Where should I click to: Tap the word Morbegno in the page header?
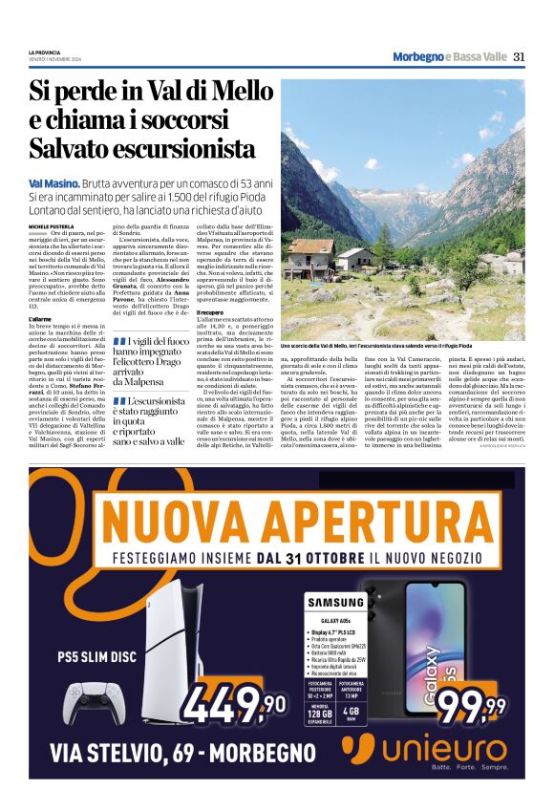coord(417,57)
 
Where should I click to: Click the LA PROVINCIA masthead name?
coord(45,52)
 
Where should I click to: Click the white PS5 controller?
coord(94,703)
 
